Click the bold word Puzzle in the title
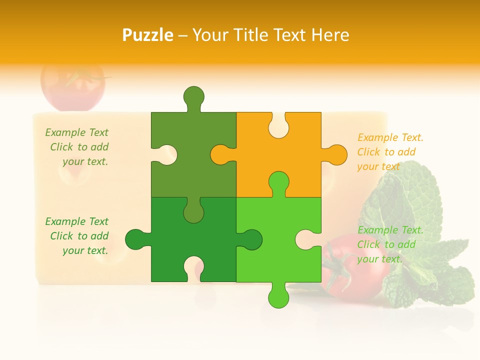tap(148, 35)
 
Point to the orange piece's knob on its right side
tap(335, 154)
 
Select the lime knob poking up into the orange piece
tap(278, 182)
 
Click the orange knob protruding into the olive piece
tap(221, 154)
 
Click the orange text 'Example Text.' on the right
tap(390, 137)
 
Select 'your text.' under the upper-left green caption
tap(85, 161)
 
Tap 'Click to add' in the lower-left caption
tap(79, 236)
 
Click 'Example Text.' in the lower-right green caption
tap(390, 230)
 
